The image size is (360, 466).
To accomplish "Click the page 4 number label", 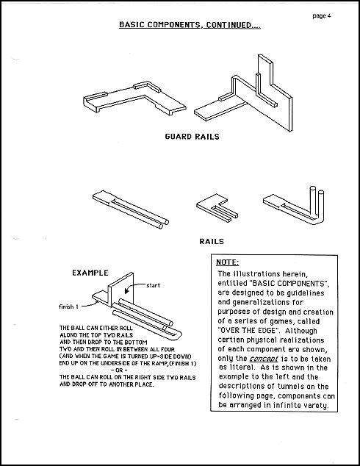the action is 321,16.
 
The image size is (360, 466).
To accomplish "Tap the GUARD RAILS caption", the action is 192,137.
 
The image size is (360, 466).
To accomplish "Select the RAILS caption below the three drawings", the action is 212,241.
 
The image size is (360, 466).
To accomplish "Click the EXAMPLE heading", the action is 90,273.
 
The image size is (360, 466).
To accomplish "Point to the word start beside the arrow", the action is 153,285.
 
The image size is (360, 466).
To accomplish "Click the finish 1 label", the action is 68,307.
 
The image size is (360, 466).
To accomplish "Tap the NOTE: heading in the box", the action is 227,262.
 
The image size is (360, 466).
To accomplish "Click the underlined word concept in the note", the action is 264,359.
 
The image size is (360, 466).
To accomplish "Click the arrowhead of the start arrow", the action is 127,290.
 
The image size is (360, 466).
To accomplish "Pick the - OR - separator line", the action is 119,370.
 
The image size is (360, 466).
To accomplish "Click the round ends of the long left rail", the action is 164,224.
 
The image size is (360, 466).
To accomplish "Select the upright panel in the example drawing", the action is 121,288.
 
